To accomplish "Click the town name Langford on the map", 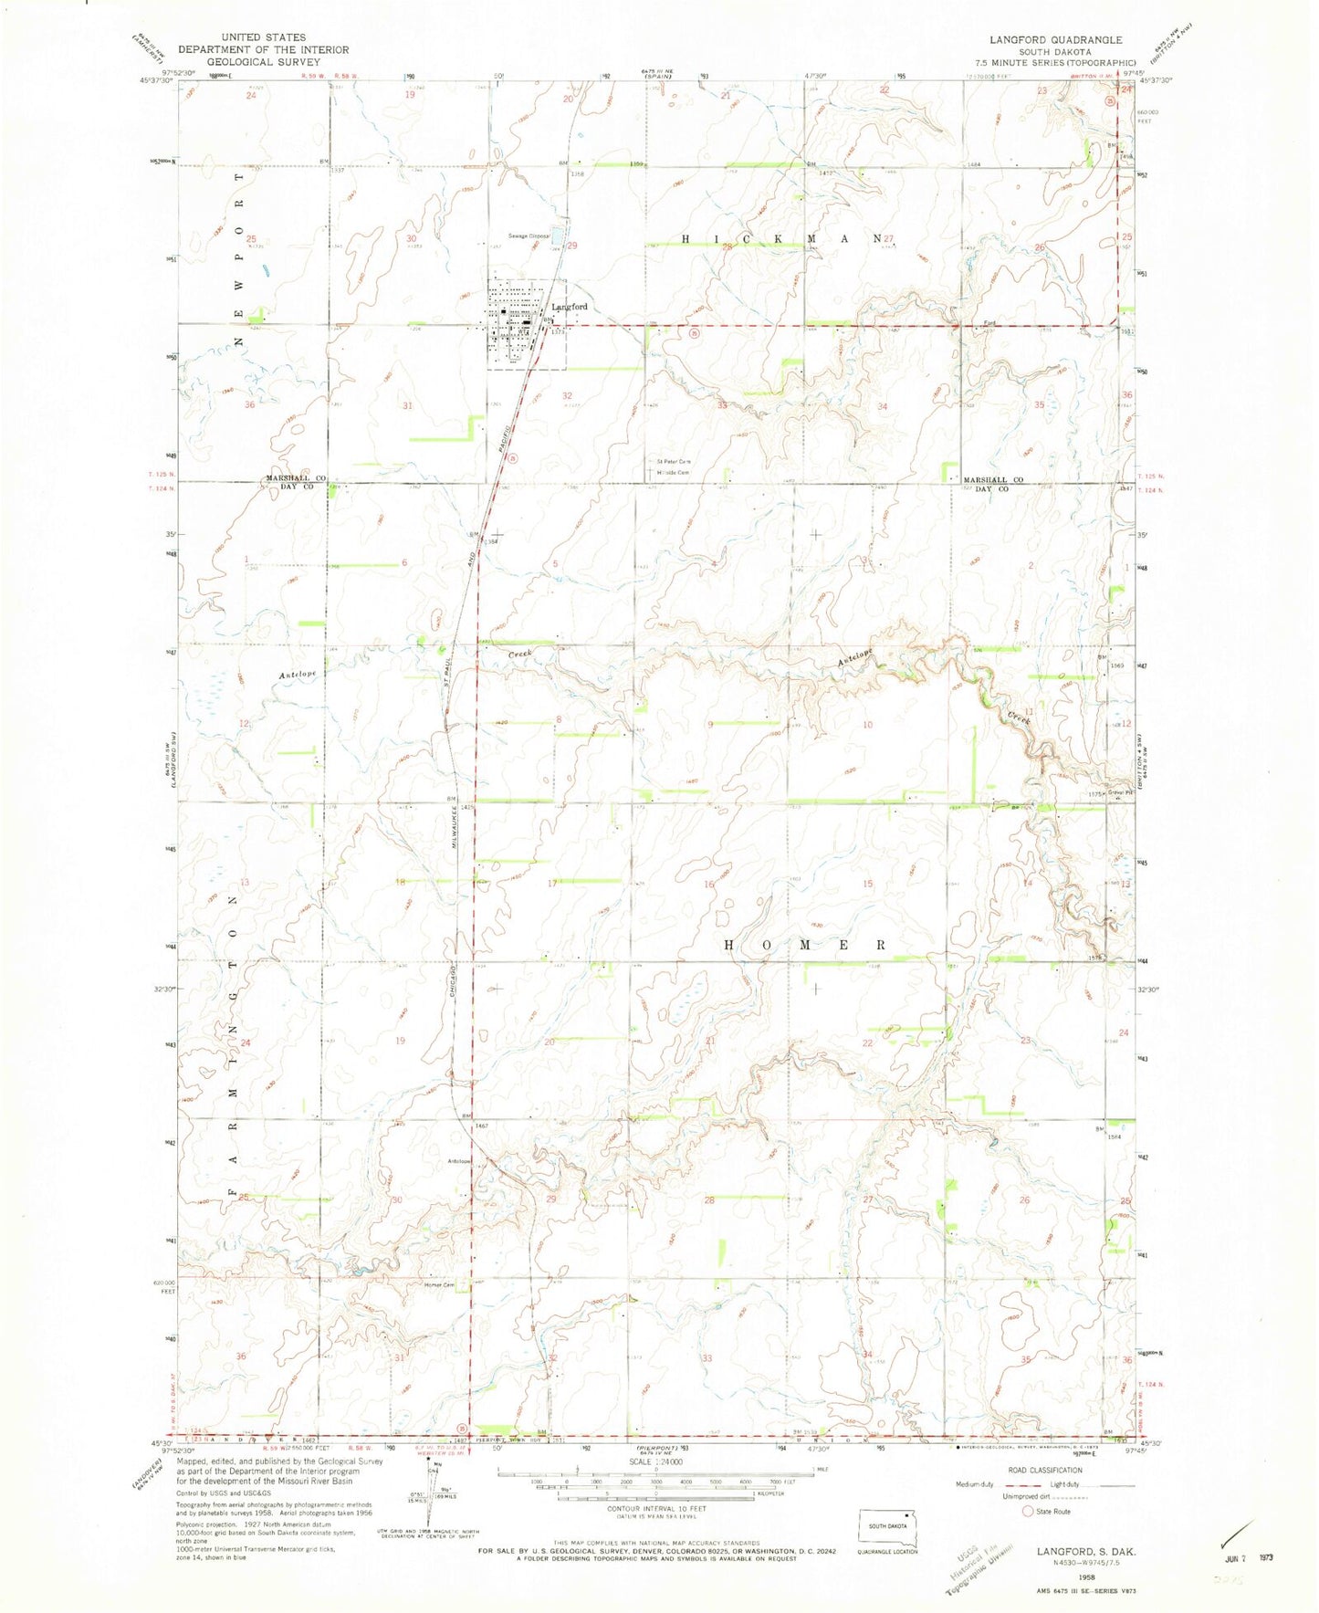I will [570, 307].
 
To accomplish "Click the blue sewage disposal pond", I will [556, 238].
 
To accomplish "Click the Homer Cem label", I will [438, 1286].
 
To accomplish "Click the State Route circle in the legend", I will [1027, 1511].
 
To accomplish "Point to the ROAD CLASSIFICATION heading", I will [1046, 1471].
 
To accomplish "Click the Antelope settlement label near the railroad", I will [458, 1161].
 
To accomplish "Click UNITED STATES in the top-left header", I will [263, 37].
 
